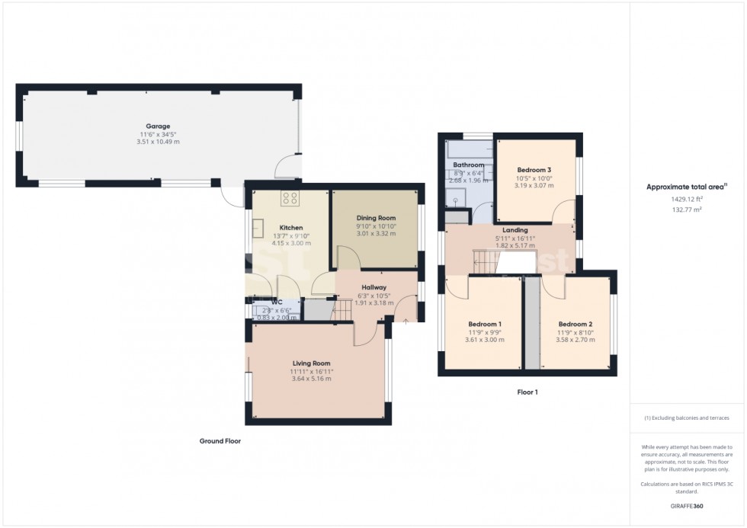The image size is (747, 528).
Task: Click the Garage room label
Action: pyautogui.click(x=158, y=126)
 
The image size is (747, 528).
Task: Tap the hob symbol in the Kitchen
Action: pyautogui.click(x=290, y=198)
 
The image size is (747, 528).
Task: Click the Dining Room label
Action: pyautogui.click(x=376, y=218)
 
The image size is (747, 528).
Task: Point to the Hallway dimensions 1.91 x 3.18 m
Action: pyautogui.click(x=373, y=302)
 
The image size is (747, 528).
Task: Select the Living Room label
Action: pyautogui.click(x=311, y=363)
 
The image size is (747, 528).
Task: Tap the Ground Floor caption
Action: pyautogui.click(x=220, y=440)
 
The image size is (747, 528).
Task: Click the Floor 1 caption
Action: pyautogui.click(x=527, y=392)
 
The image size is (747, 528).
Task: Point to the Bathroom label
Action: pyautogui.click(x=468, y=165)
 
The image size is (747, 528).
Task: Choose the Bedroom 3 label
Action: pyautogui.click(x=534, y=170)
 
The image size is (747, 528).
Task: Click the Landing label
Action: pyautogui.click(x=515, y=229)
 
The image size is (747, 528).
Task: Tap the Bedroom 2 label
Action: pyautogui.click(x=575, y=324)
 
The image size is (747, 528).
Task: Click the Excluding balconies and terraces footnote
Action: pyautogui.click(x=687, y=418)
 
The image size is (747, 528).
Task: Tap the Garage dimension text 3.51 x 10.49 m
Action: pyautogui.click(x=158, y=142)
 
